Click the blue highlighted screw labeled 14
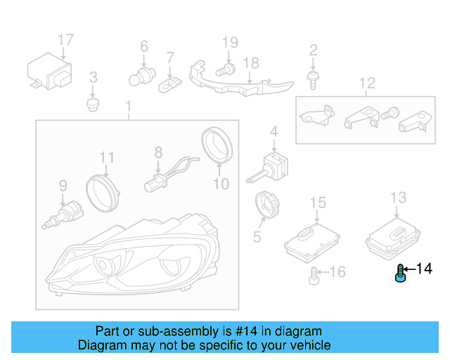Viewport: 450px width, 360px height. point(400,274)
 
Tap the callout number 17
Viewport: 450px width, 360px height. point(65,39)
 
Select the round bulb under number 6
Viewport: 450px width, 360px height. point(142,77)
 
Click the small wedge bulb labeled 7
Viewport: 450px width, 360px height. point(170,84)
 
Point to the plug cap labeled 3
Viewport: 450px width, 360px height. point(93,105)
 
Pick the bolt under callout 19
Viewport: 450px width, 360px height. point(225,70)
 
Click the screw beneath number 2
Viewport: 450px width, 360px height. point(313,80)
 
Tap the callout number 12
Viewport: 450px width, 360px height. point(367,83)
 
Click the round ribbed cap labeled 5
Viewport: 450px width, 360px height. point(267,205)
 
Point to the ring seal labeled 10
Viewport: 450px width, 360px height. point(217,145)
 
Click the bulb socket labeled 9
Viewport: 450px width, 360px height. point(63,214)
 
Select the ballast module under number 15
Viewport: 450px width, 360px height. point(312,243)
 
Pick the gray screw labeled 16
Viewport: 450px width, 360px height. point(314,276)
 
